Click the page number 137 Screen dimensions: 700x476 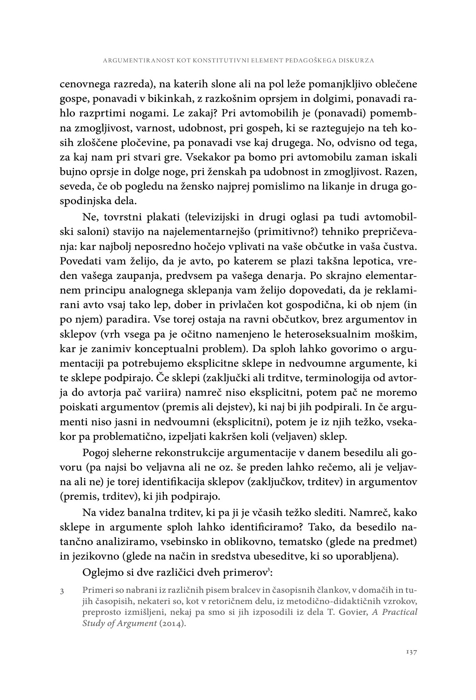click(411, 652)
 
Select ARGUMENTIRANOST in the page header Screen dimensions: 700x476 click(129, 60)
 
